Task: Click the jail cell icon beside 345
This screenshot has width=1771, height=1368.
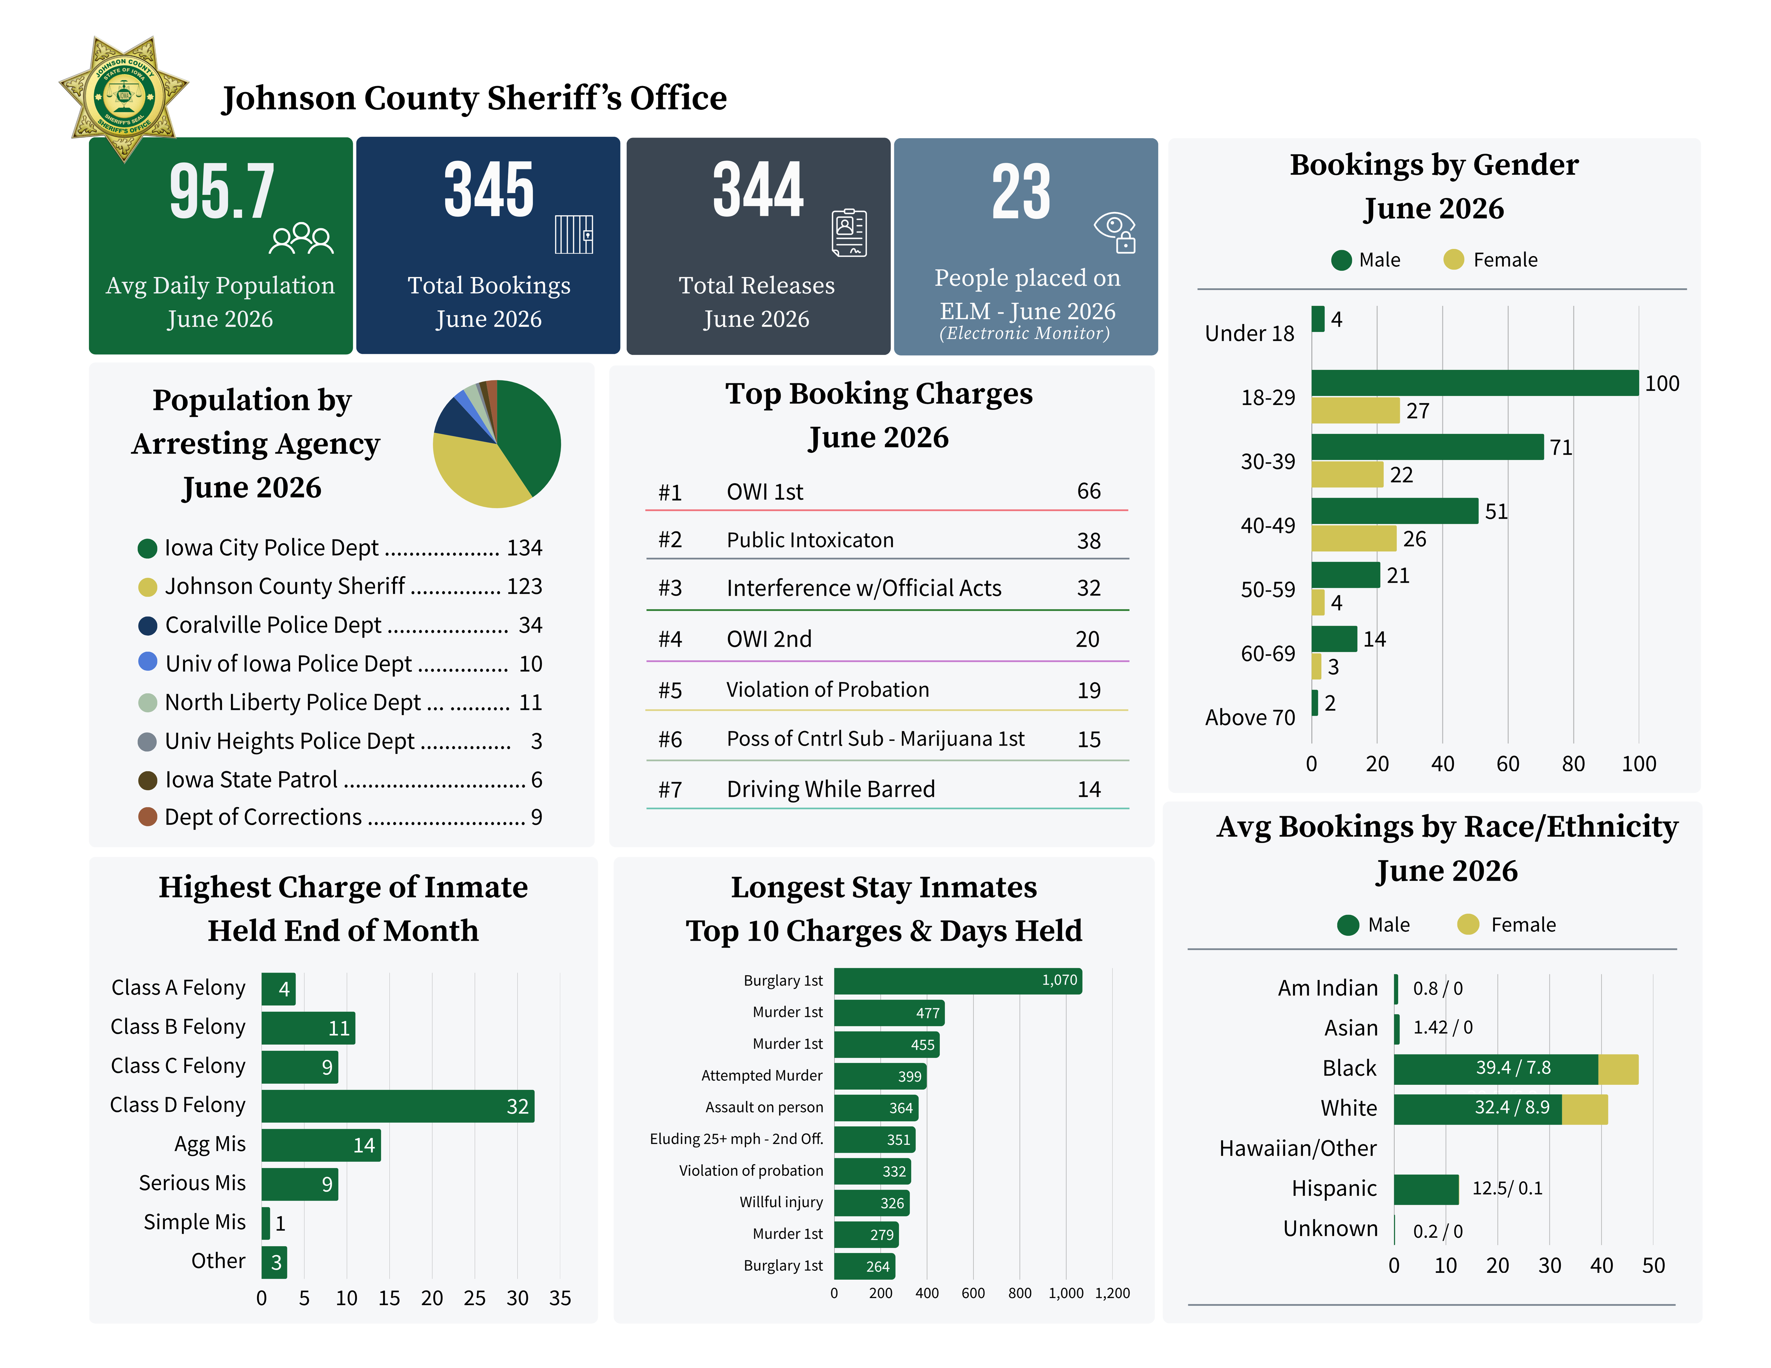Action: (574, 234)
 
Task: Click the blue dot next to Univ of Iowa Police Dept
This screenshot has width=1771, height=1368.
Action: (148, 662)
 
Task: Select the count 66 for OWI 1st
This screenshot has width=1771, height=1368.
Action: (1088, 492)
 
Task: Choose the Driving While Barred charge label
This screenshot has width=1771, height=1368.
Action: (830, 789)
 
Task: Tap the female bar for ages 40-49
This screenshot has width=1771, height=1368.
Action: (1353, 539)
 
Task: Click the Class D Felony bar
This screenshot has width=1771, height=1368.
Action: (397, 1106)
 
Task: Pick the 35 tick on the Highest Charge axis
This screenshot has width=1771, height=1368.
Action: (560, 1298)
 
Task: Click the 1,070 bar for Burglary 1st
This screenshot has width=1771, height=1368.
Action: (958, 981)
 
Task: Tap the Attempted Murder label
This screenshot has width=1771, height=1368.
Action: (761, 1075)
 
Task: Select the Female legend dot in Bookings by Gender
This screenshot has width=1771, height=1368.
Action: (1454, 259)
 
